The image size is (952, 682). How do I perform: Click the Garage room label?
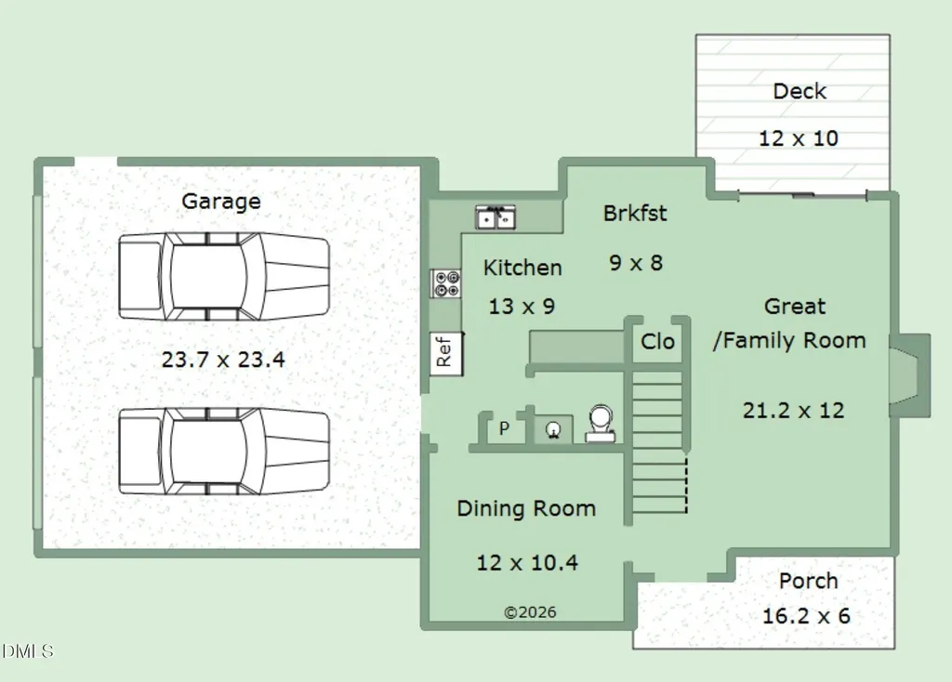(221, 202)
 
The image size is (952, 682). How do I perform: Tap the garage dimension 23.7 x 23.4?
(223, 360)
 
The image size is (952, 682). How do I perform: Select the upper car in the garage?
(224, 276)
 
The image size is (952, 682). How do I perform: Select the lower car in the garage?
(224, 451)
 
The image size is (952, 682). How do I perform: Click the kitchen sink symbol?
(496, 217)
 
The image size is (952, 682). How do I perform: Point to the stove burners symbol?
(446, 283)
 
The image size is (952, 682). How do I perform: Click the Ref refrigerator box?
(446, 354)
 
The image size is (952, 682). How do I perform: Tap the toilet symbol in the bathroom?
(600, 424)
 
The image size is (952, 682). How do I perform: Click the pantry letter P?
(504, 428)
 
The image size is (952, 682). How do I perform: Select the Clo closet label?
(657, 342)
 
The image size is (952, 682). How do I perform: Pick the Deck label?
(800, 91)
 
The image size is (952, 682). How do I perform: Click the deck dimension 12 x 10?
(799, 138)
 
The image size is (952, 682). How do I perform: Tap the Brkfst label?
(635, 214)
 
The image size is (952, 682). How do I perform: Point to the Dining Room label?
(526, 508)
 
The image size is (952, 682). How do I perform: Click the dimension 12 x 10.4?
(527, 562)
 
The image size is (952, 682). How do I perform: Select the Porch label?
(808, 581)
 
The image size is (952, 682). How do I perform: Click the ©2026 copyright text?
(530, 612)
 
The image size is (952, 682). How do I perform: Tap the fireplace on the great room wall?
(909, 375)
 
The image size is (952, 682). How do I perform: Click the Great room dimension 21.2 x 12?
(794, 411)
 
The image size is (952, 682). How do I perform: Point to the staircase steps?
(659, 443)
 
